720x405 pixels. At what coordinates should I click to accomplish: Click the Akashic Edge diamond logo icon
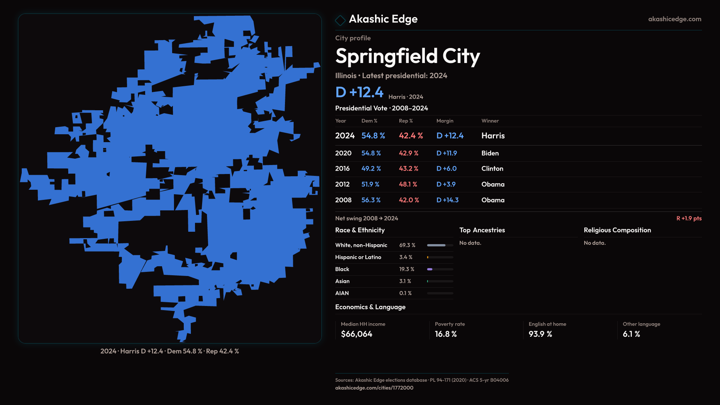pos(340,20)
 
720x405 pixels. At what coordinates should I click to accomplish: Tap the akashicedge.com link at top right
pos(675,19)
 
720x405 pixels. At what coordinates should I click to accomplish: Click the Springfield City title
pos(408,56)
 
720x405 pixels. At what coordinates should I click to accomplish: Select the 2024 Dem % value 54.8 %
pos(373,136)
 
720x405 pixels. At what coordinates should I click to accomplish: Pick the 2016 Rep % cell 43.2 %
pos(408,169)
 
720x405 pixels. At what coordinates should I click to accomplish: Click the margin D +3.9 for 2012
pos(445,184)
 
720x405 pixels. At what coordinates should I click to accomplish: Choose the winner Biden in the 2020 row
pos(490,153)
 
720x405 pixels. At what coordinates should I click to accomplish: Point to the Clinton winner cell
pos(492,169)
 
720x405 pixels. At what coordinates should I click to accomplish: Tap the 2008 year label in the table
pos(343,200)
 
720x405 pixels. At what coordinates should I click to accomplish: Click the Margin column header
pos(445,121)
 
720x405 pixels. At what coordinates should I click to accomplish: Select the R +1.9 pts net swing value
pos(689,219)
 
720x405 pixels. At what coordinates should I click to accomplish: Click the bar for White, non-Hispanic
pos(440,245)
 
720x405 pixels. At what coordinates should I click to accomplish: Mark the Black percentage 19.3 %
pos(406,269)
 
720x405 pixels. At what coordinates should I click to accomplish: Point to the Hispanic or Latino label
pos(358,257)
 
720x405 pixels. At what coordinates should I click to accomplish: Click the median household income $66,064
pos(357,334)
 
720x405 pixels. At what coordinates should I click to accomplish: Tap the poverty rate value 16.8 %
pos(445,334)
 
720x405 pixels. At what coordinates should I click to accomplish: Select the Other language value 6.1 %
pos(631,334)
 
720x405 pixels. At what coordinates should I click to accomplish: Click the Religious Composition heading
pos(617,230)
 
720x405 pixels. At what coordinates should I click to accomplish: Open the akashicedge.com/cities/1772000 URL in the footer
pos(374,388)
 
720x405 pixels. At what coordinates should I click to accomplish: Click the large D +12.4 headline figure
pos(359,92)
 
